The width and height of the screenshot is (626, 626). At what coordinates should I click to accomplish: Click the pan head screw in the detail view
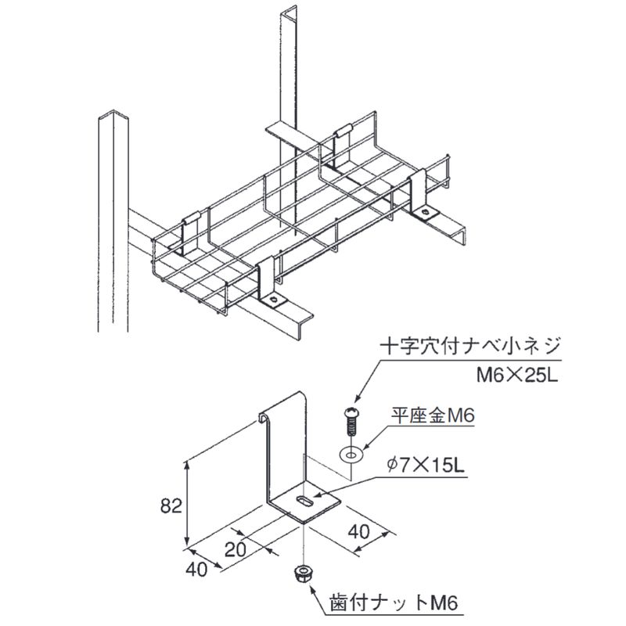tap(350, 422)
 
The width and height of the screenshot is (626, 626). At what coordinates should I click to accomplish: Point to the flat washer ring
tap(351, 454)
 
